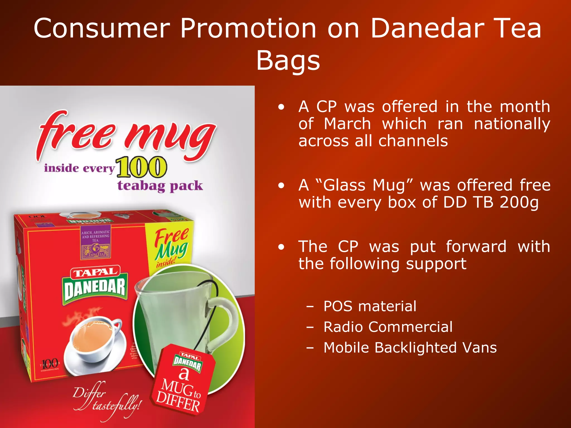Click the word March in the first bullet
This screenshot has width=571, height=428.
(347, 124)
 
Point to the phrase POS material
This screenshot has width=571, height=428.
(370, 306)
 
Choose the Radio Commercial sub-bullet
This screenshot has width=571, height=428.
(388, 327)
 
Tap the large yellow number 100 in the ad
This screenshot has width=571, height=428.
(141, 167)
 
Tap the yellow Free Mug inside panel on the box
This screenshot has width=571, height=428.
(170, 245)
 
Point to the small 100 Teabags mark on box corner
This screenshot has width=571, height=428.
(50, 364)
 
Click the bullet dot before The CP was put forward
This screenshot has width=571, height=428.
(281, 247)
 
